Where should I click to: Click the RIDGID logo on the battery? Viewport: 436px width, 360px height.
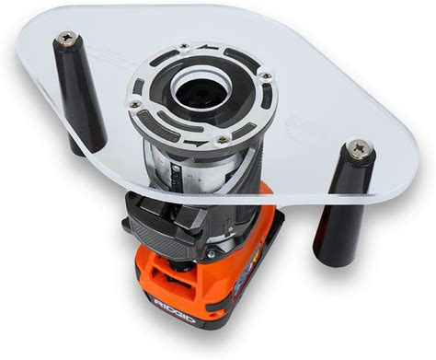click(175, 309)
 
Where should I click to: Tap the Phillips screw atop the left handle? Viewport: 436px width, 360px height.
click(67, 38)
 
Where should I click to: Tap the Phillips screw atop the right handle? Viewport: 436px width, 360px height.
click(360, 148)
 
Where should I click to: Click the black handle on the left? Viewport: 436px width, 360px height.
click(79, 93)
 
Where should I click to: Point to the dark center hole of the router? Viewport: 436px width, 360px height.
click(202, 92)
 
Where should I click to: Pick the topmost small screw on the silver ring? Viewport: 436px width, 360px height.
click(184, 46)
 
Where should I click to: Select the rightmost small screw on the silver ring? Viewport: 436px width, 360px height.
click(264, 75)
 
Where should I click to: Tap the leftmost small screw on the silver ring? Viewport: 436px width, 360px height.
click(134, 104)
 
